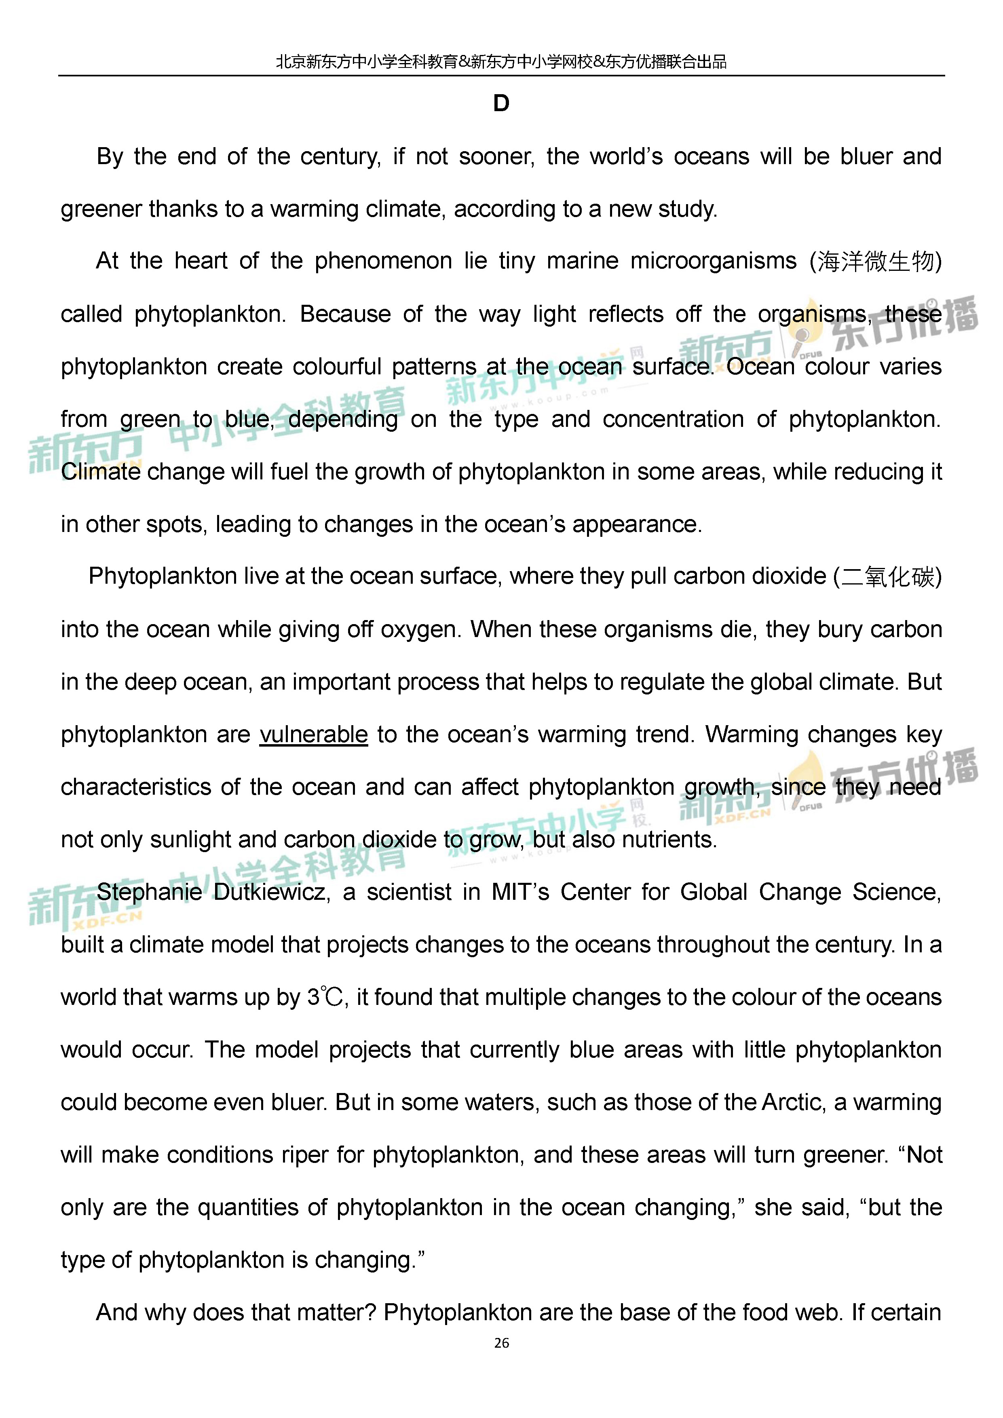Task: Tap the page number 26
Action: point(501,1343)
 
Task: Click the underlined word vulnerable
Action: point(313,735)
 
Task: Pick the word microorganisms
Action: point(713,261)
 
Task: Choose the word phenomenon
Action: point(383,261)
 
